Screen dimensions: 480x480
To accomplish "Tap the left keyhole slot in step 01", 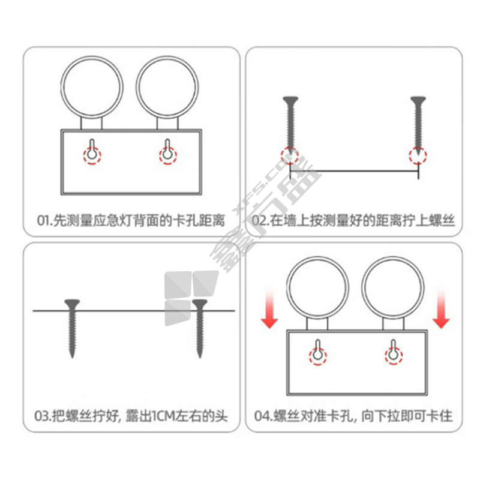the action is tap(92, 149).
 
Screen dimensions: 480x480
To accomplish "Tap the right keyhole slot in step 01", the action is tap(167, 149).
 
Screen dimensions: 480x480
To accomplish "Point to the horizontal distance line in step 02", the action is tap(354, 171).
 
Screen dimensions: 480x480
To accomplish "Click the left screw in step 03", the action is tap(72, 328).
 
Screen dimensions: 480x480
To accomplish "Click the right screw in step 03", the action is tap(200, 328).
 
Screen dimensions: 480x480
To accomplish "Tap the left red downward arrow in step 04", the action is tap(269, 310).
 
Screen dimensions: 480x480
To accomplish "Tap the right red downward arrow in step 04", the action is tap(441, 310).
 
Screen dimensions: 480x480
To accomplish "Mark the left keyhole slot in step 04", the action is tap(318, 350).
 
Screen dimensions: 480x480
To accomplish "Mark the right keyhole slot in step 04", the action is tap(394, 350).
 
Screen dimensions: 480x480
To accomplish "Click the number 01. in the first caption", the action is tap(44, 220).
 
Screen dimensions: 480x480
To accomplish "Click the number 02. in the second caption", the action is tap(260, 220).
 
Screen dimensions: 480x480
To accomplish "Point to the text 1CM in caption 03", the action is tap(163, 416).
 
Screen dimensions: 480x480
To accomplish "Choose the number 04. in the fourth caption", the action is tap(263, 416).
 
